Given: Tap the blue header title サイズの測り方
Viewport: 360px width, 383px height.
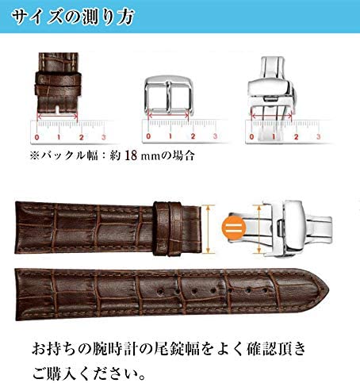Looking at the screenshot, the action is pos(73,17).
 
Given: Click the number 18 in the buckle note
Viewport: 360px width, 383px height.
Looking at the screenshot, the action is pos(131,155).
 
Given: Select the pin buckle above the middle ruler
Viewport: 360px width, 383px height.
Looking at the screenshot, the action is pos(169,95).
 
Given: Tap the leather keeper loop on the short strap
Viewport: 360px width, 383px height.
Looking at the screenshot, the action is pos(169,229).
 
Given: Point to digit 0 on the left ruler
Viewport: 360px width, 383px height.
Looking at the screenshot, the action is pos(37,137).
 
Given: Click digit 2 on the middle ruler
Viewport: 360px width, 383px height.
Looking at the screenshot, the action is pos(193,136).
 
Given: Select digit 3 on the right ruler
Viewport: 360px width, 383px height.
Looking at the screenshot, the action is pos(319,136).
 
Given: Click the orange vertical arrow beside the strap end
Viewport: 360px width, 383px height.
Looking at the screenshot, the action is pos(209,229).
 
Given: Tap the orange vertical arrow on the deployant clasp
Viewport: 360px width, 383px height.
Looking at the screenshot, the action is pos(259,229).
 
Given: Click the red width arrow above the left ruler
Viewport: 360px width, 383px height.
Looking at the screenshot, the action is pos(57,116).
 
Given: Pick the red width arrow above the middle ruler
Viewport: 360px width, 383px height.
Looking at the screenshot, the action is pos(168,115).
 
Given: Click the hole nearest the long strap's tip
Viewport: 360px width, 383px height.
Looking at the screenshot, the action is pos(265,290).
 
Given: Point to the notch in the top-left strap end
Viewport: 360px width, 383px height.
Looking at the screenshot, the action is pos(57,109).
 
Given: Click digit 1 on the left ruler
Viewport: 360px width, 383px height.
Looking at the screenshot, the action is pos(59,137).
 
